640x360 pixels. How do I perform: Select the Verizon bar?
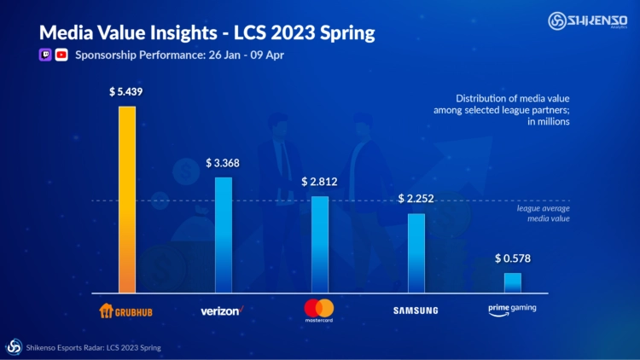(x=223, y=235)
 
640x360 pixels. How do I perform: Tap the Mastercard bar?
(x=319, y=245)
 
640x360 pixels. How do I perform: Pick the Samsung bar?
(x=416, y=253)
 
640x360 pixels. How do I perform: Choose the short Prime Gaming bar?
(x=512, y=283)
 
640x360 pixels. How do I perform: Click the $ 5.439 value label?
(x=126, y=91)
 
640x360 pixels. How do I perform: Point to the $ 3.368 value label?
(x=223, y=162)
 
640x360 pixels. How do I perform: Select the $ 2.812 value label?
(x=319, y=182)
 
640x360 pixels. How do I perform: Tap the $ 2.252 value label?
(x=416, y=199)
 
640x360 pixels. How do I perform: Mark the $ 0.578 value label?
(x=512, y=258)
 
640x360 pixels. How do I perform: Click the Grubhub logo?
(x=126, y=310)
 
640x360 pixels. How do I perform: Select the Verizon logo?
(x=223, y=310)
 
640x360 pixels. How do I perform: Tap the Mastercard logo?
(x=319, y=310)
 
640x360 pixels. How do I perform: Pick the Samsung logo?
(x=416, y=310)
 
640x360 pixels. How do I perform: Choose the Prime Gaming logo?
(x=512, y=309)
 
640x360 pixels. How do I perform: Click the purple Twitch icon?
(x=45, y=55)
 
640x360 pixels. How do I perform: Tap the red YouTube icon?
(x=61, y=55)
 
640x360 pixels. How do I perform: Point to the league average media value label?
(x=543, y=213)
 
